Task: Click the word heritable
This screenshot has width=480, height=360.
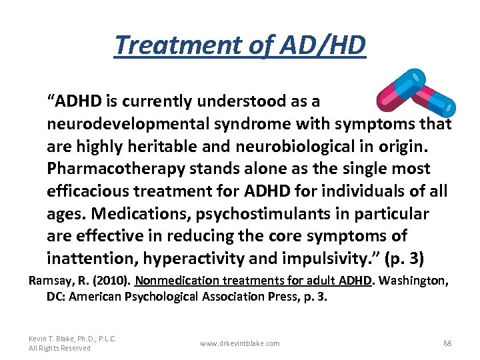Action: (183, 146)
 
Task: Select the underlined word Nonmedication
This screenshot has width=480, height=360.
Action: (174, 281)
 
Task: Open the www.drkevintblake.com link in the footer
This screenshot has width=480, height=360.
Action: (240, 343)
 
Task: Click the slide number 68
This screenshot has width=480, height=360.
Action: (447, 343)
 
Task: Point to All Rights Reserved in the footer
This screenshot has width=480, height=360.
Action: (60, 348)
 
